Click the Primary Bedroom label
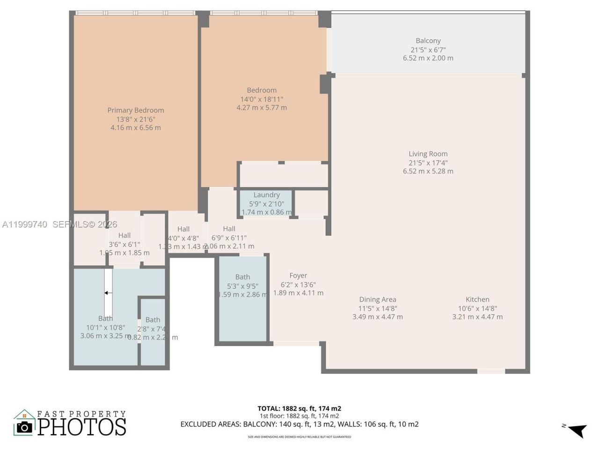tap(136, 110)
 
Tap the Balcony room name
tap(428, 41)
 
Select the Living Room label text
tap(428, 154)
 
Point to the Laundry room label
tap(266, 195)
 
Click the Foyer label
tap(298, 276)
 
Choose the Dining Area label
tap(377, 300)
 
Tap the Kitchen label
tap(477, 300)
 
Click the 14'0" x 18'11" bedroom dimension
tap(262, 99)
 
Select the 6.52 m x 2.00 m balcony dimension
tap(428, 58)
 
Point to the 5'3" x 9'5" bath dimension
tap(242, 286)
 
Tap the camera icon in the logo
tap(24, 427)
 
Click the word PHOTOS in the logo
tap(82, 427)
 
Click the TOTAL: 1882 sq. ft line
tap(299, 408)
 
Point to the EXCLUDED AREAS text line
tap(299, 425)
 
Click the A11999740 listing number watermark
tap(24, 224)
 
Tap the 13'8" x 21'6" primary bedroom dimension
tap(136, 119)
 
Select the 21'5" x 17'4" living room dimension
tap(428, 163)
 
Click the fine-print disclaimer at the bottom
tap(299, 437)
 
